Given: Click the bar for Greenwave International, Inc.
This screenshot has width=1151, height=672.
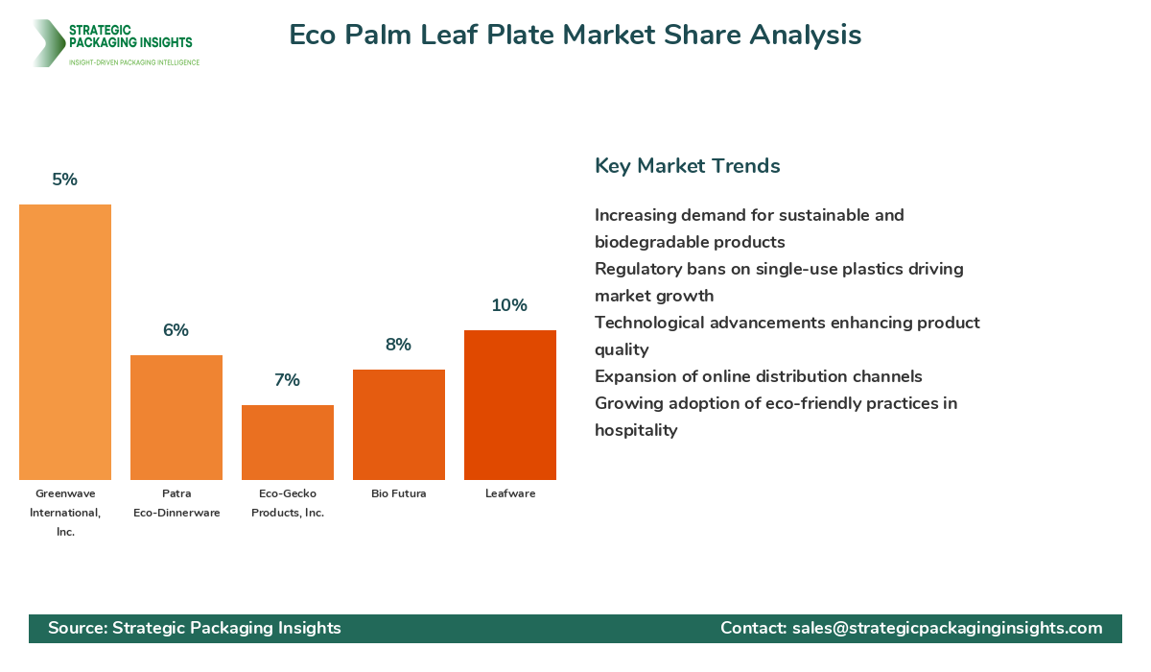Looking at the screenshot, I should coord(65,342).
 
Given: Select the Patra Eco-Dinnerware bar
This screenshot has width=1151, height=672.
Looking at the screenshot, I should coord(176,418).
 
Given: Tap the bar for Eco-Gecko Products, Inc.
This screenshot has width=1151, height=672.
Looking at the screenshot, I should coord(288,443).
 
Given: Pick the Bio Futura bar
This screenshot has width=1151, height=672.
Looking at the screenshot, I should coord(399,424).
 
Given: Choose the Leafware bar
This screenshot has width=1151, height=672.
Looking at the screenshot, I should coord(510,405).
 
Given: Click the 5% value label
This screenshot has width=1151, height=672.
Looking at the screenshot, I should coord(65,180).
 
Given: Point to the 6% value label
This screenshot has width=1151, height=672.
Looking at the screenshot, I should coord(176,330).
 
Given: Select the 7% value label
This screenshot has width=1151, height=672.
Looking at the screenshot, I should coord(288,380).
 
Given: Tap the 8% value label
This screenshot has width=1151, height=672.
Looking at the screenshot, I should coord(399,345).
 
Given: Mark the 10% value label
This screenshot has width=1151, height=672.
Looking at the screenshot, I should coord(510,305).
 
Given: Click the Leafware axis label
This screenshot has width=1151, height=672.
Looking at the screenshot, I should coord(510,493).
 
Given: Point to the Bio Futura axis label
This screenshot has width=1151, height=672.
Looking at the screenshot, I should coord(399,493).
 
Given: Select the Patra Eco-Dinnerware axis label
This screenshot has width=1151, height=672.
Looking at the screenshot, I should coord(176,503).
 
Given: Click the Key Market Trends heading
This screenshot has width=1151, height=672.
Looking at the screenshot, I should coord(687,166).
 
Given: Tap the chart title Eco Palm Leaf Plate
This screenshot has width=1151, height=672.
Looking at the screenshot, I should coord(575,36).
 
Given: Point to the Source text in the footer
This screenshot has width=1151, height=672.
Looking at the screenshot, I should coord(195,628).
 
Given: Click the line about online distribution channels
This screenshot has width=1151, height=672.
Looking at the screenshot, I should coord(758,376).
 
